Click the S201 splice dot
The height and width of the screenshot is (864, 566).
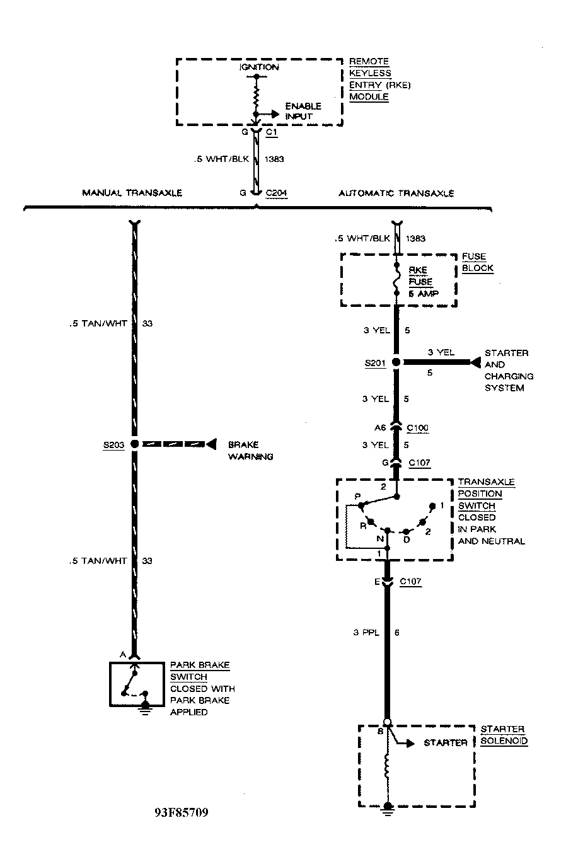(x=396, y=362)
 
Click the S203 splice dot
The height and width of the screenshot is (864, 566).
(x=134, y=444)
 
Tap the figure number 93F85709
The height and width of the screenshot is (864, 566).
(x=181, y=812)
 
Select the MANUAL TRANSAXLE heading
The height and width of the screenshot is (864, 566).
(x=132, y=193)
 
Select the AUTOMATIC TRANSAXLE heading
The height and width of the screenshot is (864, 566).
(x=396, y=193)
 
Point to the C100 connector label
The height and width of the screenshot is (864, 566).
(x=418, y=428)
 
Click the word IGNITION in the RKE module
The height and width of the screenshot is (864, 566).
(x=259, y=67)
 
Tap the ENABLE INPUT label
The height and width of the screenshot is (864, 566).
(x=303, y=111)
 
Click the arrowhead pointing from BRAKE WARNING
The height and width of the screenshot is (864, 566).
(x=212, y=444)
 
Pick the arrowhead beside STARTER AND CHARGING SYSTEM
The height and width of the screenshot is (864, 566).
(x=475, y=362)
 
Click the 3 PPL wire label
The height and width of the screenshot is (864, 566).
(x=366, y=633)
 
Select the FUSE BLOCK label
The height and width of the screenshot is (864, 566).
(x=477, y=262)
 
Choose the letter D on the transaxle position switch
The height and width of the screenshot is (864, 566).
(x=406, y=539)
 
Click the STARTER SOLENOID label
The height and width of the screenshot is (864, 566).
(x=504, y=735)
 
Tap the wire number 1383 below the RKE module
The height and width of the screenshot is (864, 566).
(x=274, y=159)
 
